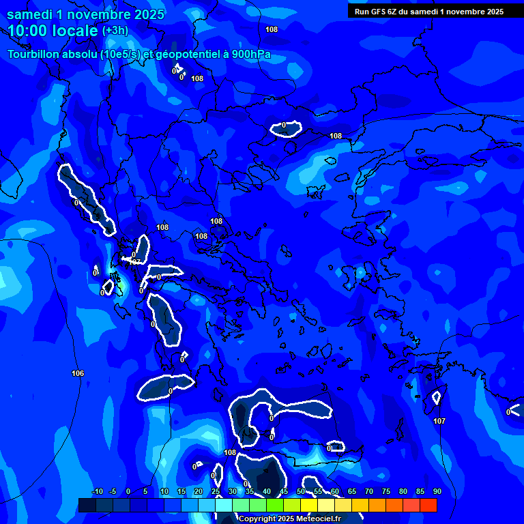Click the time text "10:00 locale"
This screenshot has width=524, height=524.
53,30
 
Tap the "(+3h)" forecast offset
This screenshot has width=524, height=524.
115,31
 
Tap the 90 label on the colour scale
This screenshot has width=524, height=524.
437,492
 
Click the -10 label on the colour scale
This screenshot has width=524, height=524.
97,492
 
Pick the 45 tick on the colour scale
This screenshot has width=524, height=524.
283,492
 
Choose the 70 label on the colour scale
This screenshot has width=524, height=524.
368,492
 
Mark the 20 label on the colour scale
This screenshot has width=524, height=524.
198,492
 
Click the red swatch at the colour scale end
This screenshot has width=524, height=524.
428,505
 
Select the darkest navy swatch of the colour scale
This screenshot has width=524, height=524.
87,505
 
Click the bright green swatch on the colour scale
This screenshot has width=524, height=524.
275,505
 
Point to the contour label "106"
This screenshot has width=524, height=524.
78,373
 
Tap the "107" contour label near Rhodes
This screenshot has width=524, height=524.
439,421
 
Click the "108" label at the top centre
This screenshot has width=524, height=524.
272,29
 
